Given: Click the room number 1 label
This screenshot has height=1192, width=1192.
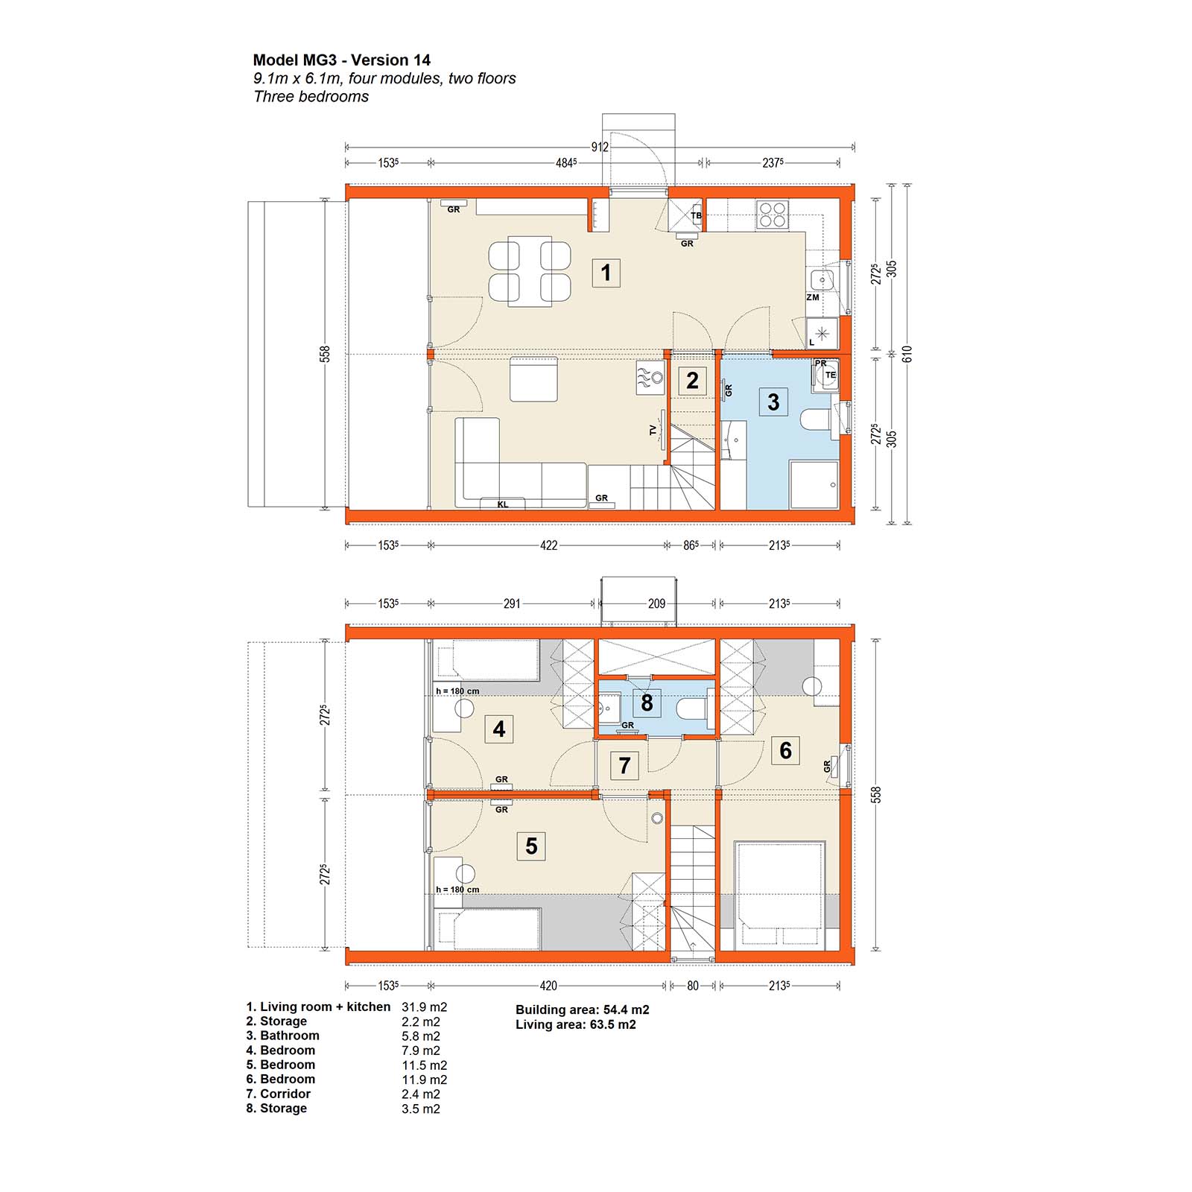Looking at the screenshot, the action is (x=606, y=273).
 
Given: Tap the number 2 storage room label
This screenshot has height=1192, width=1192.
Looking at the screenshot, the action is (x=692, y=381).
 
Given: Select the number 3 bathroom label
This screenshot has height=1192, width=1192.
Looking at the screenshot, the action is (x=773, y=402).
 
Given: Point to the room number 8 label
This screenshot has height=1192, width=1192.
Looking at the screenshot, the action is (x=647, y=703).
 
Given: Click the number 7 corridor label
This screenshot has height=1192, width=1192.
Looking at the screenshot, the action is (x=624, y=765).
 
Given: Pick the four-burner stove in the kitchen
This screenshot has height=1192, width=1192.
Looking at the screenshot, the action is (x=773, y=214).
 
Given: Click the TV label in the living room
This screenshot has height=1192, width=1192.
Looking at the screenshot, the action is (x=653, y=431).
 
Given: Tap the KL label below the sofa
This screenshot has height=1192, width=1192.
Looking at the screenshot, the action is (x=503, y=504).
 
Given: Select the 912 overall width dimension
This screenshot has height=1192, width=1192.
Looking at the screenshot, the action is (x=600, y=148).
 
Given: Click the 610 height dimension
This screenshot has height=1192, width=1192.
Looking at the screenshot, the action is (x=907, y=355).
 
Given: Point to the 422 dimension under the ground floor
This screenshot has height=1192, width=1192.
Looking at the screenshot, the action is (x=548, y=545).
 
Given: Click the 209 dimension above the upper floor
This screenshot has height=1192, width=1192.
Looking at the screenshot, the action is (x=656, y=603).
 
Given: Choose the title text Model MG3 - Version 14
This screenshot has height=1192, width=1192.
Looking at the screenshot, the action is (x=342, y=60).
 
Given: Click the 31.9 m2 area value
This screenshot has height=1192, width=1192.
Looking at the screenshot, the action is (x=425, y=1007).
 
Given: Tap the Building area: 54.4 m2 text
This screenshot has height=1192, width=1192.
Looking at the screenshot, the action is (x=583, y=1010).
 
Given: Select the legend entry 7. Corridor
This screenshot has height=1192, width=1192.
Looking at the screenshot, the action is (x=279, y=1094).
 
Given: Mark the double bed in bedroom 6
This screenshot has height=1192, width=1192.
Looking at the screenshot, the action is (x=780, y=895).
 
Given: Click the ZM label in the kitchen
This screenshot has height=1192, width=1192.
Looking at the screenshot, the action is (x=813, y=297).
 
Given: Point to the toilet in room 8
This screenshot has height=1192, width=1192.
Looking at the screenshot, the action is (x=692, y=708).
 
